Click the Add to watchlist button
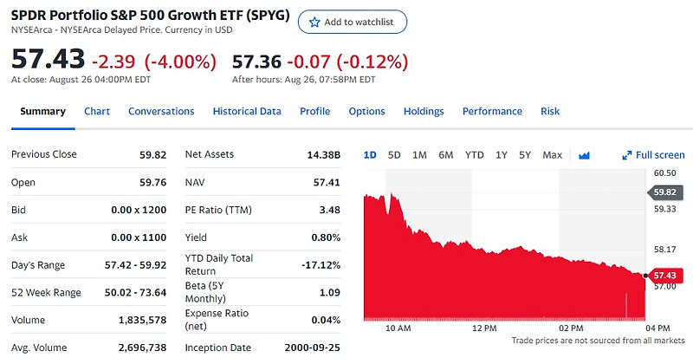coord(352,22)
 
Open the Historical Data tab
coord(247,112)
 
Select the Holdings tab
coord(424,112)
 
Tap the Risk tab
coord(550,112)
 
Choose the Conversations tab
coord(161,112)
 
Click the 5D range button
coord(394,155)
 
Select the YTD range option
coord(474,155)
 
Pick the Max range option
coord(552,155)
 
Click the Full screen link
coord(654,155)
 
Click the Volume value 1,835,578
coord(142,321)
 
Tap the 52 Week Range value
coord(136,293)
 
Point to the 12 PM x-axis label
coord(485,328)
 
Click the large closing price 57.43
coord(48,60)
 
